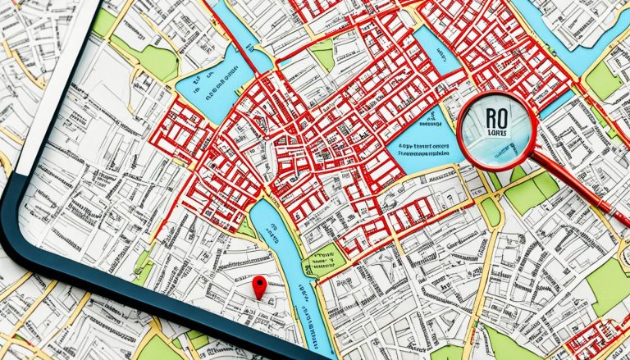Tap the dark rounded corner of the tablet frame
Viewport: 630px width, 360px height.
[x=25, y=246]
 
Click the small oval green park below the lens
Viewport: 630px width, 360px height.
[x=490, y=212]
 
